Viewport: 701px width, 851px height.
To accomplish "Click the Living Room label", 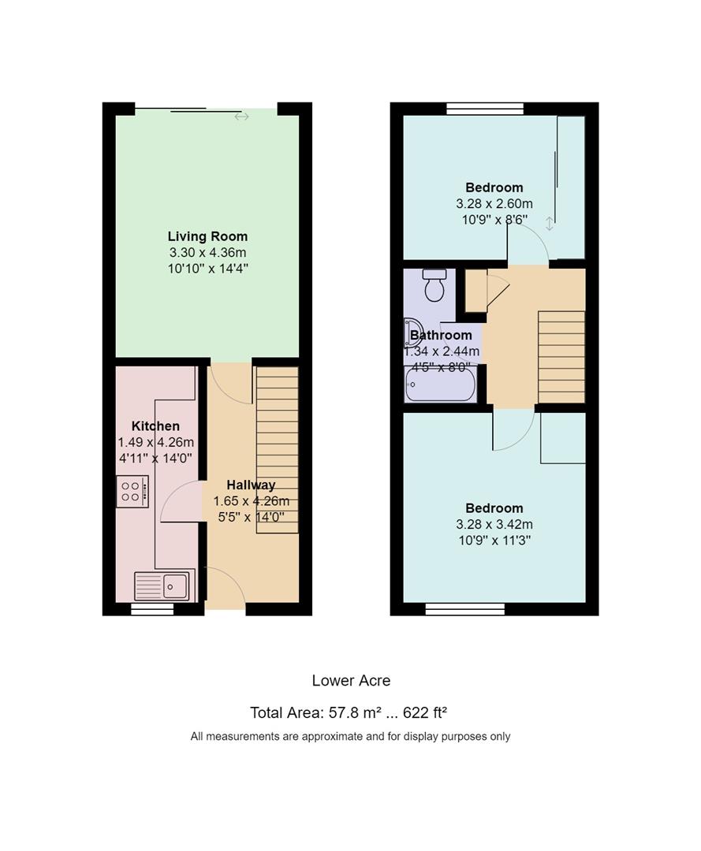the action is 207,236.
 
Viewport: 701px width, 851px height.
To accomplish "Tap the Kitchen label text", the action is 155,426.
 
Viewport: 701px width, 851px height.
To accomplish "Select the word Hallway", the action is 251,485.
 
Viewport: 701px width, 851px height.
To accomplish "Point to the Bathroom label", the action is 441,336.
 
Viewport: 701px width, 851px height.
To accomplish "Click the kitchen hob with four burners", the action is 132,492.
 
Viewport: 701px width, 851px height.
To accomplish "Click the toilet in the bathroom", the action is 434,285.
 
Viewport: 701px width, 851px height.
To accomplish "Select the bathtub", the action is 440,385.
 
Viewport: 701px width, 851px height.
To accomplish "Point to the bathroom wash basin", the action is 412,333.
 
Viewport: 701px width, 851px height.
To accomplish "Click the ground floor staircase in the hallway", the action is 277,450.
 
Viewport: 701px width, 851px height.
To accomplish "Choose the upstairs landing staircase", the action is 561,357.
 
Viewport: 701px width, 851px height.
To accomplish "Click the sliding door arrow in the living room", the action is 241,117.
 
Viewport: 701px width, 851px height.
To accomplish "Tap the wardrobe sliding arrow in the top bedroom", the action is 550,224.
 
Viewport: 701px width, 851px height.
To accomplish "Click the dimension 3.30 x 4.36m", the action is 207,252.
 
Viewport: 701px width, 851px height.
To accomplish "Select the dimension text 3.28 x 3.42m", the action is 494,524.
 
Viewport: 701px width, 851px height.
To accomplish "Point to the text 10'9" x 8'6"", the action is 494,220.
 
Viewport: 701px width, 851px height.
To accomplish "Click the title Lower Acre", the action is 351,681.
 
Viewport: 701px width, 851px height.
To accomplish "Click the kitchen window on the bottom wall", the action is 153,610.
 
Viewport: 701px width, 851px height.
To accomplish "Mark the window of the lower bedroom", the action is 464,609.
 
